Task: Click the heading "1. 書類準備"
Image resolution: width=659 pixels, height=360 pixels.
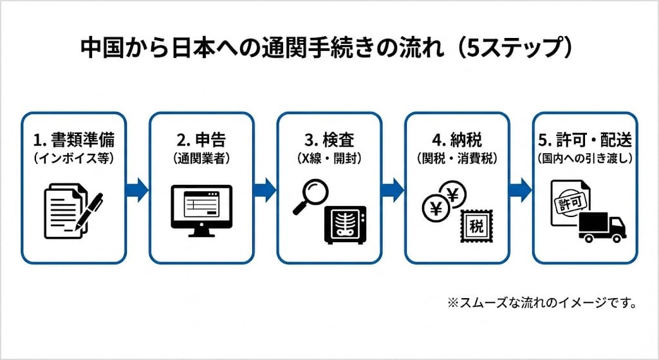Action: [x=71, y=140]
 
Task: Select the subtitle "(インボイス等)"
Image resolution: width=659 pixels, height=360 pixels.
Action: [x=71, y=156]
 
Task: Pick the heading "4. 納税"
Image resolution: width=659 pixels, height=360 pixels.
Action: [x=456, y=140]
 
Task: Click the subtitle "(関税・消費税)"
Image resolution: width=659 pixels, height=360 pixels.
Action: [x=456, y=156]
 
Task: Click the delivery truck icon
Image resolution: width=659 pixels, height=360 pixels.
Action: [x=602, y=227]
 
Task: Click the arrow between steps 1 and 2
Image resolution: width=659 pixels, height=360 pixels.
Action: [x=136, y=190]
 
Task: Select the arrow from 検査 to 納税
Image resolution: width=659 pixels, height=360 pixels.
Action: [x=392, y=190]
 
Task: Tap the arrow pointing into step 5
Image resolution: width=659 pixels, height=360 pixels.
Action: [x=520, y=190]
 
